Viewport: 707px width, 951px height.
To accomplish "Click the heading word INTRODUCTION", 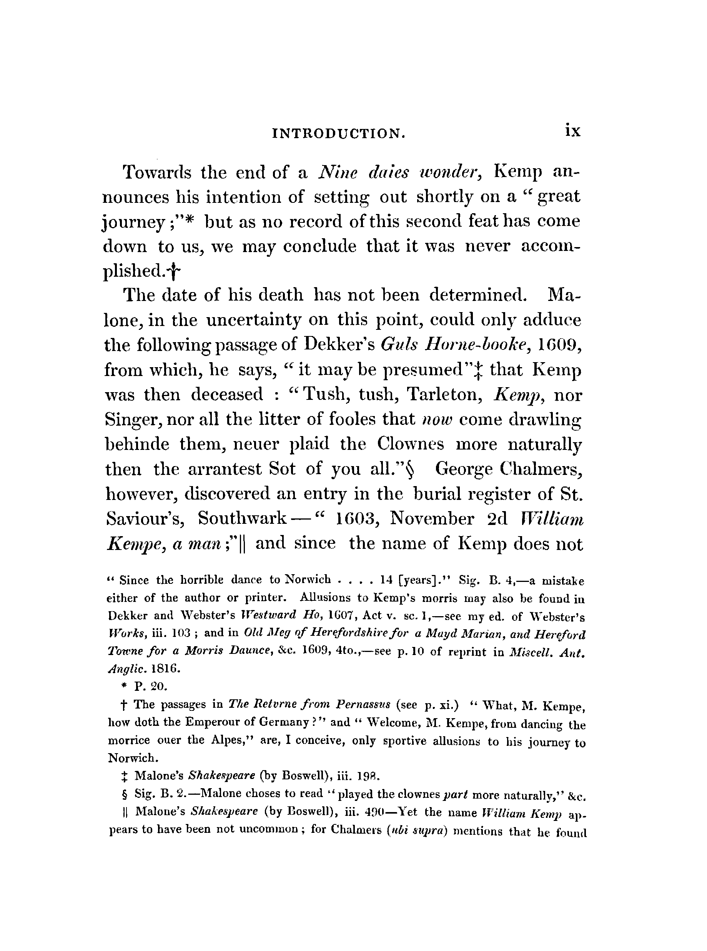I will tap(338, 134).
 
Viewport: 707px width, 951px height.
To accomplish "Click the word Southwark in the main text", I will tap(242, 519).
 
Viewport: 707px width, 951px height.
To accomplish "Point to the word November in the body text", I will tap(431, 519).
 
